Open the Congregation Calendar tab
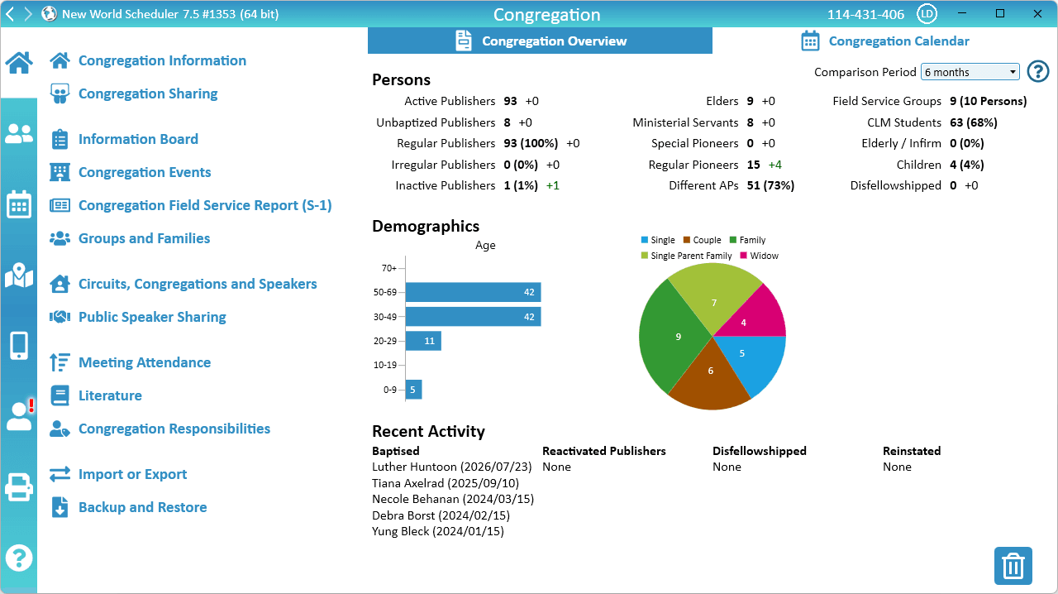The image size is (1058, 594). coord(885,41)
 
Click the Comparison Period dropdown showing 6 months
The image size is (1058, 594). coord(970,72)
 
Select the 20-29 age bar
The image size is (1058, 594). coord(423,341)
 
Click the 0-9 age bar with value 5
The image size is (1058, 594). coord(413,390)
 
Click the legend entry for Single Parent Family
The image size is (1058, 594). coord(686,256)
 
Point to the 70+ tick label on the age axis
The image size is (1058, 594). coord(388,268)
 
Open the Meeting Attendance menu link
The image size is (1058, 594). coord(145,362)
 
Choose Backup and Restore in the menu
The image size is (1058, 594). coord(143,507)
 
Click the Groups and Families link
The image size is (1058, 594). coord(144,238)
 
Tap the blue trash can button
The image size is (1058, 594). coord(1013,566)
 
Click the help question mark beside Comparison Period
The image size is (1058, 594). coord(1037,72)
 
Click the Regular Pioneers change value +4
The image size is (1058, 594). coord(775,165)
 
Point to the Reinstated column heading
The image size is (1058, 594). coord(912,451)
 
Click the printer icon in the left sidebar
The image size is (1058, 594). coord(19,486)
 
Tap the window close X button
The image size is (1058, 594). coord(1037,14)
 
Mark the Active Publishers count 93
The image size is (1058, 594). coord(510,101)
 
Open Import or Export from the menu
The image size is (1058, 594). coord(133,474)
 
